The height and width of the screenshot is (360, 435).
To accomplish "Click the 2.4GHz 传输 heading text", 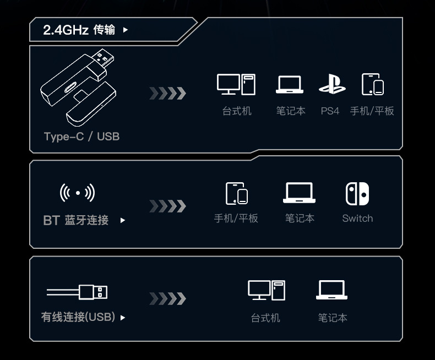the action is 79,30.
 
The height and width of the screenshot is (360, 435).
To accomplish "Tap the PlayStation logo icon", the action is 332,84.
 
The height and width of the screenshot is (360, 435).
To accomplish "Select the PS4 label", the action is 330,111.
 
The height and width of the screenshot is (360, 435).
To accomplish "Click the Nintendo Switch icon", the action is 357,194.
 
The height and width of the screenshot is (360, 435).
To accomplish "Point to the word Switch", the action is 357,219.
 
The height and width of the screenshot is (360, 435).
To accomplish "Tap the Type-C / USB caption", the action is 82,137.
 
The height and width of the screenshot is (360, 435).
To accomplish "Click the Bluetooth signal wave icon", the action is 78,193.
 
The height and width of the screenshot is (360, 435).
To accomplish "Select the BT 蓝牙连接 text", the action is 76,220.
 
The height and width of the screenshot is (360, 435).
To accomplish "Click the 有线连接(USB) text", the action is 78,317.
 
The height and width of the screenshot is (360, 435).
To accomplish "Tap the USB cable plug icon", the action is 77,292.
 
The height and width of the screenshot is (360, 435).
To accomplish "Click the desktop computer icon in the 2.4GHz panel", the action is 236,84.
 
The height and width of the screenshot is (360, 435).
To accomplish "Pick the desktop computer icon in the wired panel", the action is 267,290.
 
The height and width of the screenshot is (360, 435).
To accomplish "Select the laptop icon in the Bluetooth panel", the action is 299,193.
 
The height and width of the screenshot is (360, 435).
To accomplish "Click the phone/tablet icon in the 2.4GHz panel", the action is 373,84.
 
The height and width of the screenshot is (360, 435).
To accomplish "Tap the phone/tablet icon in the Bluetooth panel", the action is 237,194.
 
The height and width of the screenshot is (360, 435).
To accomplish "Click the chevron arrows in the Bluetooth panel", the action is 167,206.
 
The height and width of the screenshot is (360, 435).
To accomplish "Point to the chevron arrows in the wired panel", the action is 167,298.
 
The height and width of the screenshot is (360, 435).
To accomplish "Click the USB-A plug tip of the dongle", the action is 103,57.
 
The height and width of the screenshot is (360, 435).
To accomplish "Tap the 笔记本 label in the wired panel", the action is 333,318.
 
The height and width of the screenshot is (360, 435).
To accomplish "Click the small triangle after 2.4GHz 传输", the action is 126,30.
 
